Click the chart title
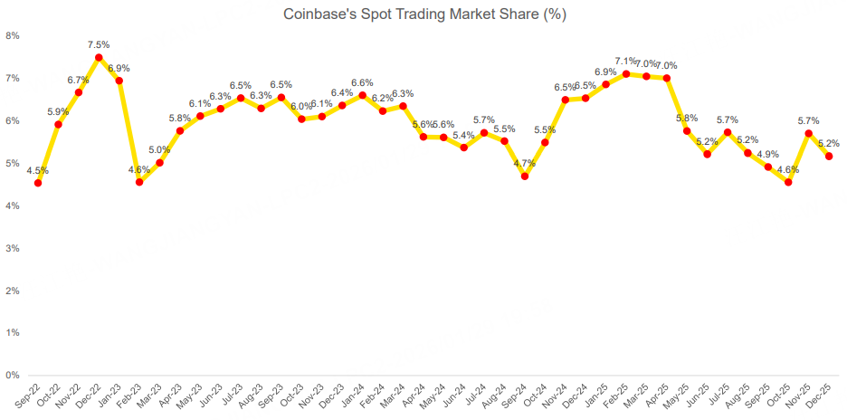(x=424, y=14)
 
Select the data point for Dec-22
(x=99, y=57)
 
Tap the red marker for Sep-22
(x=38, y=183)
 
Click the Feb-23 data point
(x=139, y=182)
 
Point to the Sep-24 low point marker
(x=525, y=176)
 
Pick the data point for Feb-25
(x=626, y=74)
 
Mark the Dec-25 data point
(x=829, y=157)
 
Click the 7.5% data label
(x=99, y=44)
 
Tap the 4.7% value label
(x=525, y=163)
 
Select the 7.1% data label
(x=625, y=62)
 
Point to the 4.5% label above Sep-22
(x=38, y=170)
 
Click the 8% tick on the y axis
(x=13, y=36)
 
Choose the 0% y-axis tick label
(x=13, y=375)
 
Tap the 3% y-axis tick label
(x=13, y=248)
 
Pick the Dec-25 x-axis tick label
(x=820, y=396)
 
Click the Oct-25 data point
(x=788, y=182)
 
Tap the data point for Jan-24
(x=362, y=95)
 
